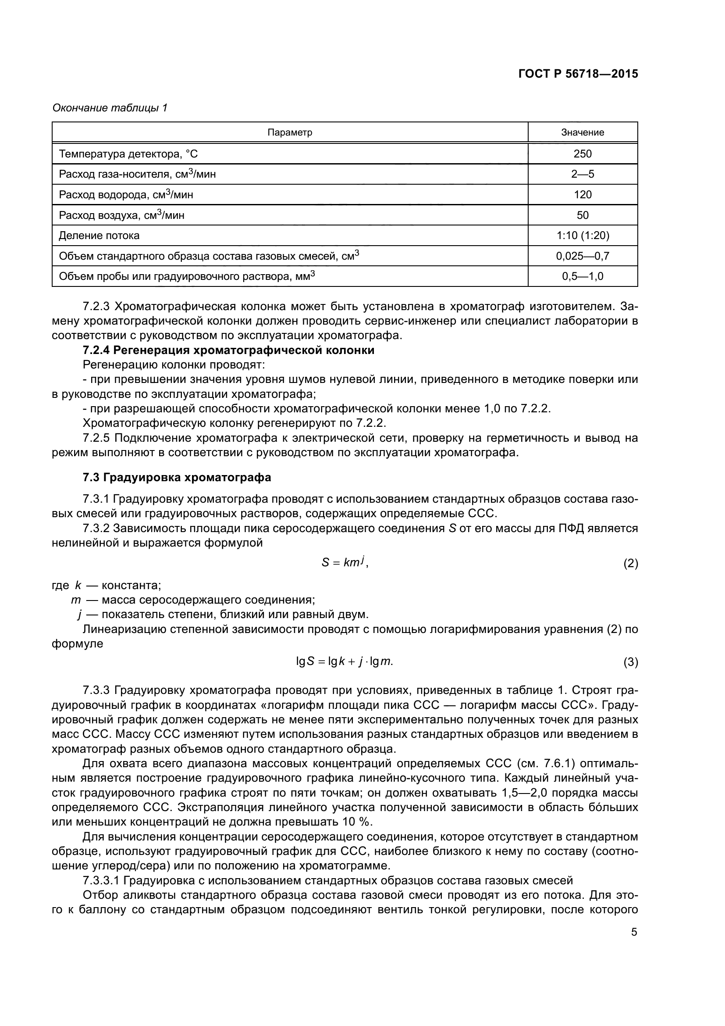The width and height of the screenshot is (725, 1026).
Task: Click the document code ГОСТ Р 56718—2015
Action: (x=578, y=74)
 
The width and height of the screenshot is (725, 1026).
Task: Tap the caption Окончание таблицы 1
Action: (x=110, y=108)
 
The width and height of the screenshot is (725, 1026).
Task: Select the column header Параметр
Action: (x=290, y=132)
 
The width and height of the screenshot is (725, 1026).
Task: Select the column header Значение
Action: (x=583, y=132)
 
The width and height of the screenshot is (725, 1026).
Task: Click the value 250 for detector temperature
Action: (x=583, y=154)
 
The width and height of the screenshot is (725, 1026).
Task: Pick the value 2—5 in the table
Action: (x=583, y=174)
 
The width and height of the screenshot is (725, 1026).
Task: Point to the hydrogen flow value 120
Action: (x=583, y=194)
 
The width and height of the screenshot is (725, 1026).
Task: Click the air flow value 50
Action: (x=583, y=215)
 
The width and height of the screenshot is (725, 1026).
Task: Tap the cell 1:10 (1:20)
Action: (x=583, y=235)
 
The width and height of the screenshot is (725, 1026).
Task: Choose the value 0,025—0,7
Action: (x=583, y=256)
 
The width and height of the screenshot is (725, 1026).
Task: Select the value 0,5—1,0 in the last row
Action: (x=583, y=276)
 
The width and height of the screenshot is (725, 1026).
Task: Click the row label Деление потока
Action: (x=99, y=236)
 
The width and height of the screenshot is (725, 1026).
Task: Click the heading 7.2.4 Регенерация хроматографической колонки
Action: (x=228, y=350)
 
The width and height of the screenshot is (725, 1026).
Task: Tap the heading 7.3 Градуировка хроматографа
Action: (x=177, y=477)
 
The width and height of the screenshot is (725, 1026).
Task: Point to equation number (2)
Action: (x=630, y=564)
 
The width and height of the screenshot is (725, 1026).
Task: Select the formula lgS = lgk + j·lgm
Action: (x=345, y=661)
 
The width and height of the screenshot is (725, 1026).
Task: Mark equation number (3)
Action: (x=630, y=662)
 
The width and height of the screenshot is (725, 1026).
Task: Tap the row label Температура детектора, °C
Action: (x=128, y=154)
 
